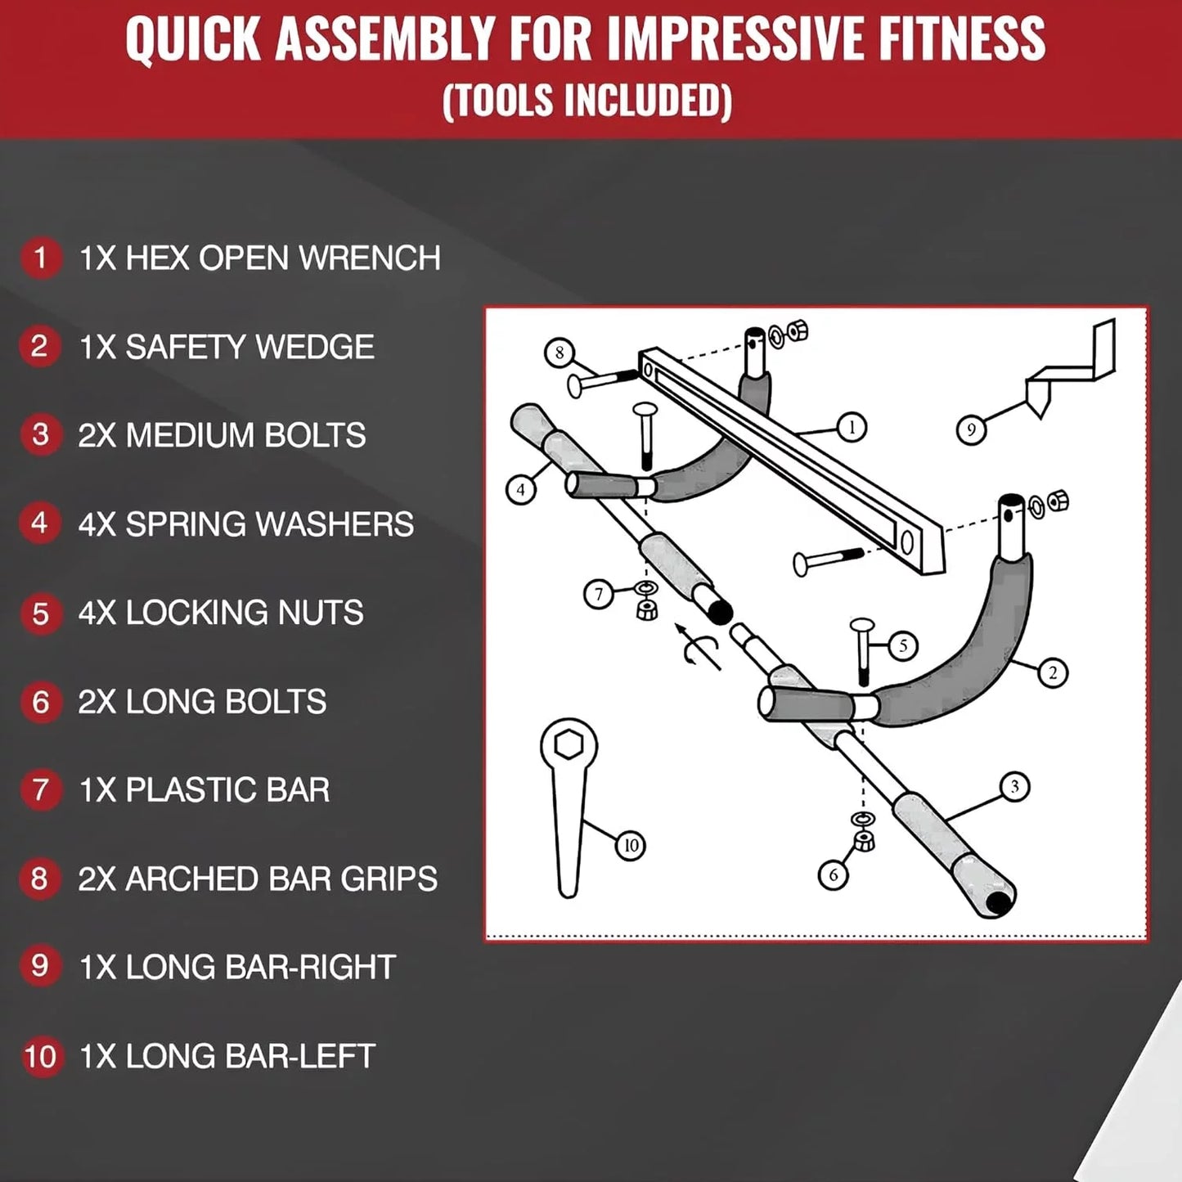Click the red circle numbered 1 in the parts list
40,258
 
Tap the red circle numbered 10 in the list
40,1056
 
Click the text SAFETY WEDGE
249,347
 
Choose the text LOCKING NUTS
244,613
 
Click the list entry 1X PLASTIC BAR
204,790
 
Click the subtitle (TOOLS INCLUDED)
587,101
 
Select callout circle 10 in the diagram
630,845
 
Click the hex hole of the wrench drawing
568,745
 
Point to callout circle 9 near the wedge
971,429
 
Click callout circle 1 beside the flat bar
852,427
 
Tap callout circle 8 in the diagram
560,353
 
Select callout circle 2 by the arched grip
1053,673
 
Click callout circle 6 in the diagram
834,875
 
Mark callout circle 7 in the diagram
599,594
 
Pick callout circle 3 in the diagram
1015,787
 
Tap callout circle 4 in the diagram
521,490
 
